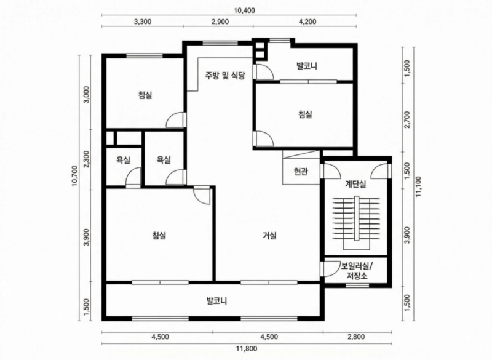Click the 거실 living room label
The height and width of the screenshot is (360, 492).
269,235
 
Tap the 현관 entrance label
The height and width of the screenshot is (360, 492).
301,171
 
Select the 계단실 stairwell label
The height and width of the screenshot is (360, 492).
355,184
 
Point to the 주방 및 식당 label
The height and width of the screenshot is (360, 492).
225,75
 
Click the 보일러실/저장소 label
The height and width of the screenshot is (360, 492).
357,271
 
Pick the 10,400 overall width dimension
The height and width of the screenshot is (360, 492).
244,10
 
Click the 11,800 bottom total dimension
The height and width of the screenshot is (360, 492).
247,348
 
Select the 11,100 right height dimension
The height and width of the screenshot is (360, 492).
419,186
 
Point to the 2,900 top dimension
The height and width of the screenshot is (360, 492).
220,22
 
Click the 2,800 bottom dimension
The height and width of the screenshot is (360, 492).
356,337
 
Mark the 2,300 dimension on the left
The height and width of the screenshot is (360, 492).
87,159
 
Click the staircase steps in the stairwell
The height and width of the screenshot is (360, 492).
357,219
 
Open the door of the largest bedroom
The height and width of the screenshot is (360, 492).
201,195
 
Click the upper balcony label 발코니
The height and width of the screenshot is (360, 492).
307,66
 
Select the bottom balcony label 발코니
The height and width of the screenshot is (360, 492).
216,301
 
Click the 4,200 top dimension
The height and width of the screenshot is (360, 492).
308,22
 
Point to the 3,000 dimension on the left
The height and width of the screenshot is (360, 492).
87,95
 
